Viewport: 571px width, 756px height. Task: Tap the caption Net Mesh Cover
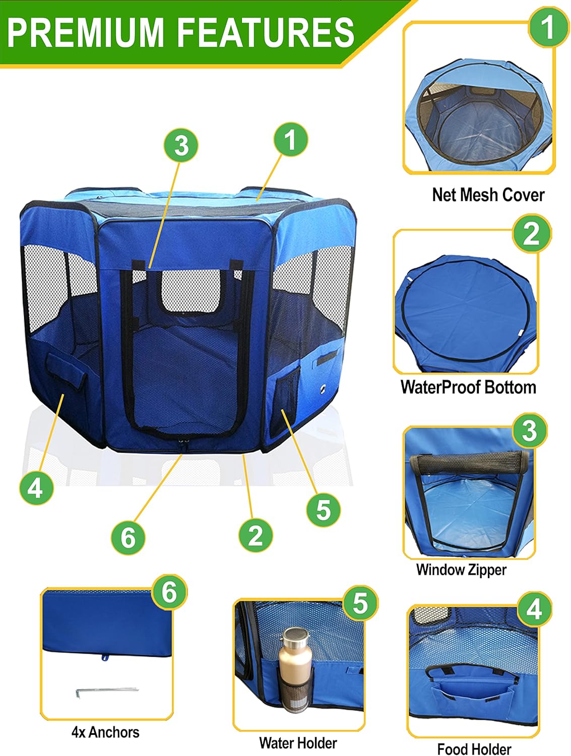click(x=488, y=195)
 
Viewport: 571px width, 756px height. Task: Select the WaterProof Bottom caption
click(x=468, y=388)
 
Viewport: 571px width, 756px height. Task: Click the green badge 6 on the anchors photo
click(x=169, y=592)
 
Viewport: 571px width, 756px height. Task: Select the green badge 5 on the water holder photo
click(x=360, y=603)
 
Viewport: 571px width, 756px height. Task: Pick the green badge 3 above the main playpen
click(x=181, y=145)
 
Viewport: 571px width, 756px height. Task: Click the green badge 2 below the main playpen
click(x=255, y=535)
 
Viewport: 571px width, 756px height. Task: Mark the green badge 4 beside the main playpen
click(x=36, y=488)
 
